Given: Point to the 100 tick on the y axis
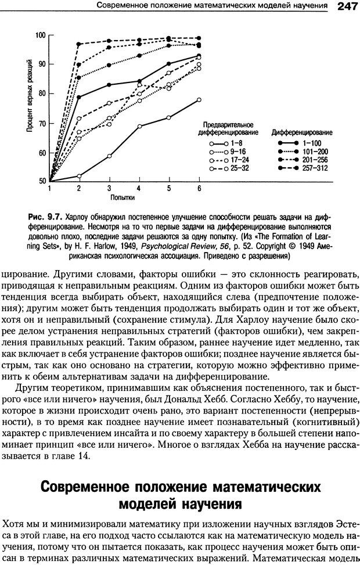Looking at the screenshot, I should pyautogui.click(x=40, y=35).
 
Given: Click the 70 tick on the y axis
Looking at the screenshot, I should pyautogui.click(x=42, y=124).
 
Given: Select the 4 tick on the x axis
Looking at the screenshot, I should pyautogui.click(x=139, y=189).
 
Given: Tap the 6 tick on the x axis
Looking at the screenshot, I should pyautogui.click(x=199, y=189).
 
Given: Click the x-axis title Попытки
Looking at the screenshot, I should pyautogui.click(x=123, y=197).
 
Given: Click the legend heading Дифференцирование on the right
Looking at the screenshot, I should pyautogui.click(x=302, y=132).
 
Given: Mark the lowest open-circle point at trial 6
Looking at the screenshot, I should pyautogui.click(x=199, y=100).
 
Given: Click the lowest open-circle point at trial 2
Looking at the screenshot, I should pyautogui.click(x=79, y=176).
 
